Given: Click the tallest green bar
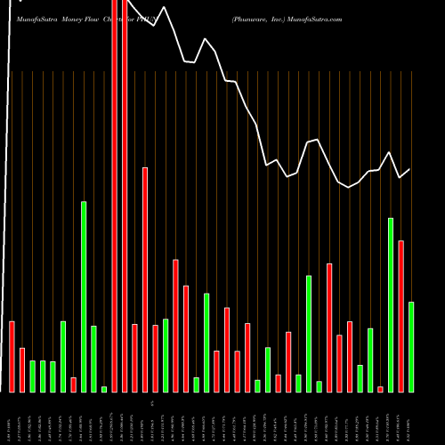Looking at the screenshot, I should [84, 296].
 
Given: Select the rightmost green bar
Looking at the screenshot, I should [411, 347].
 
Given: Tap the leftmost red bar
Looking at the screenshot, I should [12, 356].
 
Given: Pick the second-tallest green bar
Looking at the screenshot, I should [391, 304].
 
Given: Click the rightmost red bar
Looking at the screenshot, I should [400, 316].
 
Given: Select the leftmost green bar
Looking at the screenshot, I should [33, 376].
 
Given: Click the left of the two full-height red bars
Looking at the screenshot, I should [115, 196].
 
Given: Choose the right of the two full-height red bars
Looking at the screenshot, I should [125, 196].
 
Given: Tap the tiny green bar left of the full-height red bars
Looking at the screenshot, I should [104, 389].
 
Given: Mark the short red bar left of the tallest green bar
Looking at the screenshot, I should [74, 384].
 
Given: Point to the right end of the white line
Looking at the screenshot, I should [410, 169].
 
